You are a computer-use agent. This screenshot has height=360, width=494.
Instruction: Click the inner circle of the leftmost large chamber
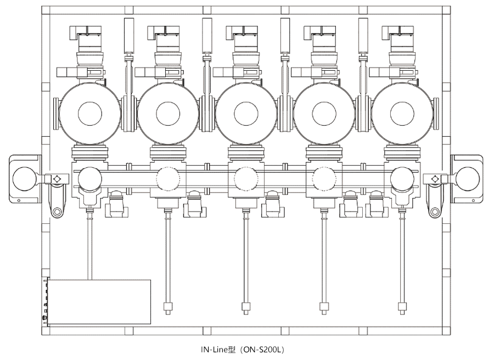pyautogui.click(x=90, y=114)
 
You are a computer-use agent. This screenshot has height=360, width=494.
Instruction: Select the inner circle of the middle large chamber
pyautogui.click(x=246, y=114)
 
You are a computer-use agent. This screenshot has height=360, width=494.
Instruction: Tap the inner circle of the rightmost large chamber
pyautogui.click(x=402, y=114)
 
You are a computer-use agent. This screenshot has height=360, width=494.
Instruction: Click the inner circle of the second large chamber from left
pyautogui.click(x=168, y=114)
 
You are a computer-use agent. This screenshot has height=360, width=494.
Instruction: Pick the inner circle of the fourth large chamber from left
pyautogui.click(x=324, y=114)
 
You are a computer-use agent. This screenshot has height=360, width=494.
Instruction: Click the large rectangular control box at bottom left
pyautogui.click(x=99, y=302)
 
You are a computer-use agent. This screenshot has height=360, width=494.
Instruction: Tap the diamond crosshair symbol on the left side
pyautogui.click(x=55, y=179)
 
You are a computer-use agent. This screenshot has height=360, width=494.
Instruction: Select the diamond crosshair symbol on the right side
pyautogui.click(x=435, y=179)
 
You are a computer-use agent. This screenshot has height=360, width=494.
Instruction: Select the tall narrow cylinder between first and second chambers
pyautogui.click(x=130, y=36)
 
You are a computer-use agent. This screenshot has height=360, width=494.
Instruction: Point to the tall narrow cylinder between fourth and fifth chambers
pyautogui.click(x=363, y=36)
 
